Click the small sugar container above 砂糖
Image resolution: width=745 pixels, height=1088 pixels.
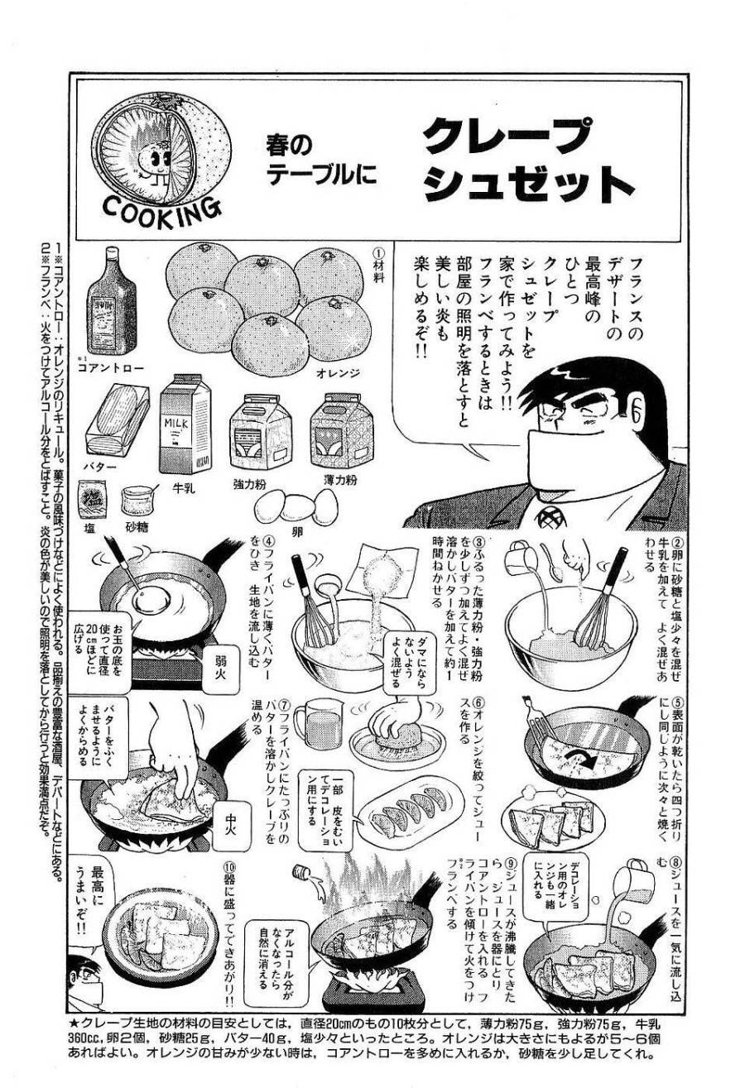134,498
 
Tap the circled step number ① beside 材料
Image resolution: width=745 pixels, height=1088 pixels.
377,253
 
